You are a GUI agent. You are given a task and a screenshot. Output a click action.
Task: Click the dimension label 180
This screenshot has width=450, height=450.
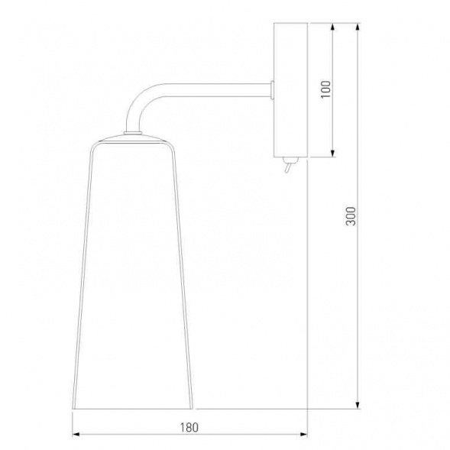click(189, 427)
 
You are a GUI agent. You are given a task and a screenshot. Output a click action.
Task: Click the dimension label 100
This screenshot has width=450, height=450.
click(325, 89)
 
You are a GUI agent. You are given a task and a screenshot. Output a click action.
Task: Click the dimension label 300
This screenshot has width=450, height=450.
click(351, 215)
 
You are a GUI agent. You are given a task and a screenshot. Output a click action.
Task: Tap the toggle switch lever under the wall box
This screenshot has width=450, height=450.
click(288, 168)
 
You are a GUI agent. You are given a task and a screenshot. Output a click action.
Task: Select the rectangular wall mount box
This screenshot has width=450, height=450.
click(290, 90)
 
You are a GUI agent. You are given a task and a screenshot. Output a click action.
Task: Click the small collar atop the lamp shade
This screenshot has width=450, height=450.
click(133, 133)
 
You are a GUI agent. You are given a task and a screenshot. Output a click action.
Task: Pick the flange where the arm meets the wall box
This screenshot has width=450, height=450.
click(272, 90)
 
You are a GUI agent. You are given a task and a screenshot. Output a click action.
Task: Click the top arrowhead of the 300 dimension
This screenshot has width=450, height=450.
click(358, 27)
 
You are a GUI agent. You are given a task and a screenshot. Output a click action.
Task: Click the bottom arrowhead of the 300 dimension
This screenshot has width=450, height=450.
click(358, 405)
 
